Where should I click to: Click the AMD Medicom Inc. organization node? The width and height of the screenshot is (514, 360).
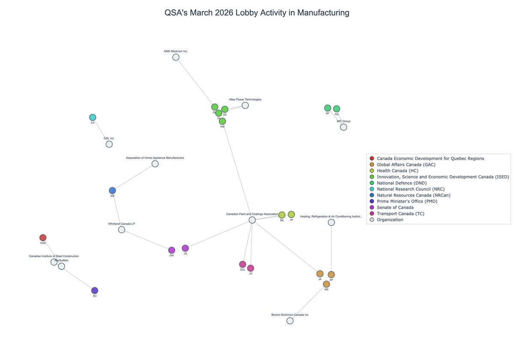[176, 57]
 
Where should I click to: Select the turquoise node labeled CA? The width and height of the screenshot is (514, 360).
[93, 117]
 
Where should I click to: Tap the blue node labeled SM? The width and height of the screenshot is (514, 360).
[112, 191]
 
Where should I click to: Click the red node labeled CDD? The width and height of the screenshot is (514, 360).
[43, 238]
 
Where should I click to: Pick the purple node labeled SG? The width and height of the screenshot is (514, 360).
[95, 291]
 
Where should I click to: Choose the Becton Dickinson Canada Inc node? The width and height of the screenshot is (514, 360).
[290, 321]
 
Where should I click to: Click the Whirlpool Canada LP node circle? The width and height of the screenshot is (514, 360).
[122, 230]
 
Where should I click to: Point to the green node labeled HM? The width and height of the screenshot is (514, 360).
[222, 121]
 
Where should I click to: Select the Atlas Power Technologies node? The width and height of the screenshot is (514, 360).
[245, 105]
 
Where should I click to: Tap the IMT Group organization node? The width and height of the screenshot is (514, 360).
[344, 127]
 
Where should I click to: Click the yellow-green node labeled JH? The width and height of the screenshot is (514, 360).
[291, 214]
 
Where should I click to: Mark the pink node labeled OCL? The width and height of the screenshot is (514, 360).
[242, 264]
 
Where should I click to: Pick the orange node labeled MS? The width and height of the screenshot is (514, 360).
[326, 284]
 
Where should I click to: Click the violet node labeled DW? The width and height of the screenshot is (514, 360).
[172, 250]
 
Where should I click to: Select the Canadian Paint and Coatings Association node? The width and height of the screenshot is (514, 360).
[252, 220]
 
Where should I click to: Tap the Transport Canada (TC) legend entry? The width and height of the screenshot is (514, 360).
[400, 213]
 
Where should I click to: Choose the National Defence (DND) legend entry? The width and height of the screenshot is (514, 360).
[401, 183]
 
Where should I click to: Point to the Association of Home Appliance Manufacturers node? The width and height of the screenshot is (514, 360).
[155, 164]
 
